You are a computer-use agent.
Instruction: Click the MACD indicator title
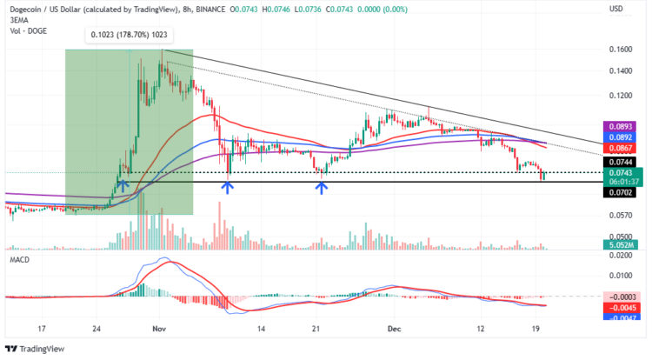[x=18, y=260]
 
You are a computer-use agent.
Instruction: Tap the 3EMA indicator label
[x=17, y=20]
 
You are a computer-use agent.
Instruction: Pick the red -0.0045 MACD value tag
[x=621, y=307]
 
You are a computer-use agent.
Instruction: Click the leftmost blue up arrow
[x=123, y=184]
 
